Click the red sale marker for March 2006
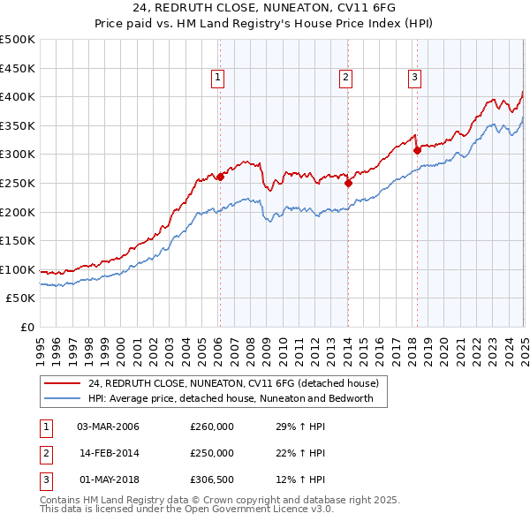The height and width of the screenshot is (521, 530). click(220, 176)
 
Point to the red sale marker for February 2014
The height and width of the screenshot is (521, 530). click(348, 183)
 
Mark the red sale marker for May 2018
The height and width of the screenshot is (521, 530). click(417, 149)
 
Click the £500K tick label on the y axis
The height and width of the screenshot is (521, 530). click(18, 40)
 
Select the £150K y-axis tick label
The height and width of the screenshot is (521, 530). click(18, 240)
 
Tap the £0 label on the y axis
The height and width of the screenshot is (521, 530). click(27, 327)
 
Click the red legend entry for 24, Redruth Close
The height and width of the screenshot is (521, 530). click(233, 383)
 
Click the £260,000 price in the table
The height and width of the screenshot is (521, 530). click(211, 427)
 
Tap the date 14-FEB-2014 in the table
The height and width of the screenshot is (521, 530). click(109, 453)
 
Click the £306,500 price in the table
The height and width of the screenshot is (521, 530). click(211, 479)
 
